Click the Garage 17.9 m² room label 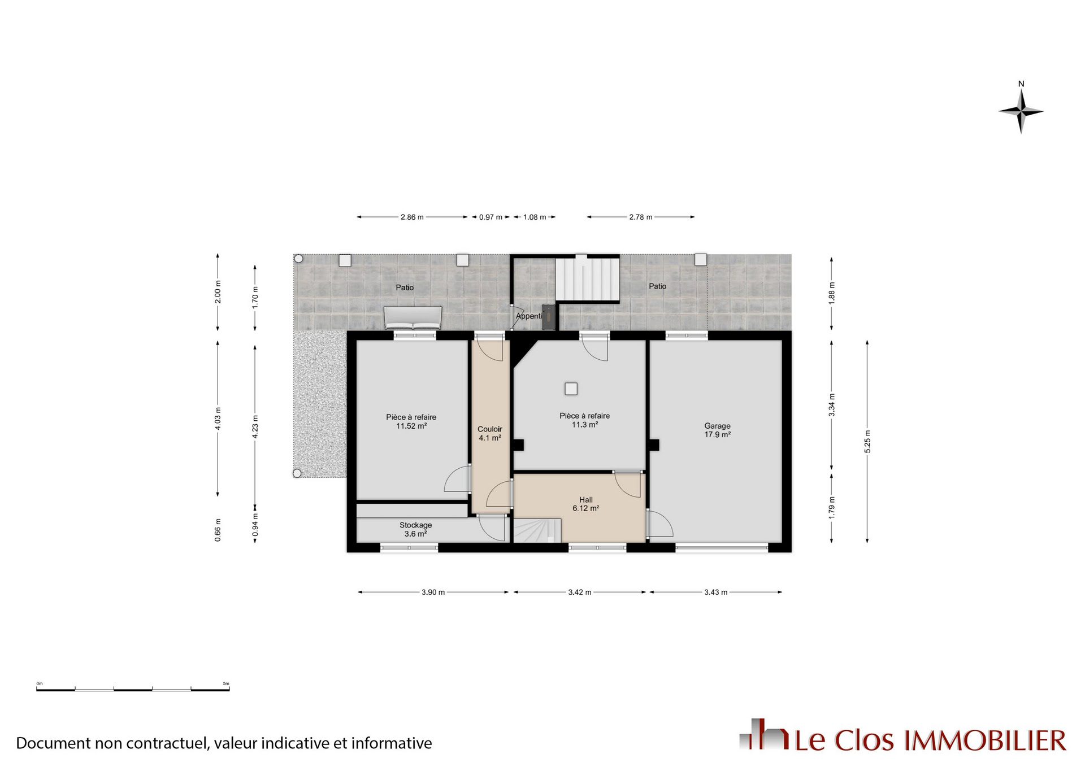pos(717,430)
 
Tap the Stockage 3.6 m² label pos(415,529)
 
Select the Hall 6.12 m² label pos(585,504)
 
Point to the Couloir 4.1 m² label pos(489,433)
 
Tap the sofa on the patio pos(413,317)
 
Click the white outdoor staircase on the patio pos(587,279)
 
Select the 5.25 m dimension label pos(867,442)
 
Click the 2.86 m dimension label pos(412,217)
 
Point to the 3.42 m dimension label pos(580,592)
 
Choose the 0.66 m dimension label pos(218,530)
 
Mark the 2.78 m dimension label pos(640,217)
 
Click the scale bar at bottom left pos(133,688)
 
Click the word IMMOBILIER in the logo pos(985,740)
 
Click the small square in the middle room pos(571,389)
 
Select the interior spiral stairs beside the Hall pos(537,531)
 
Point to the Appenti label pos(529,316)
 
